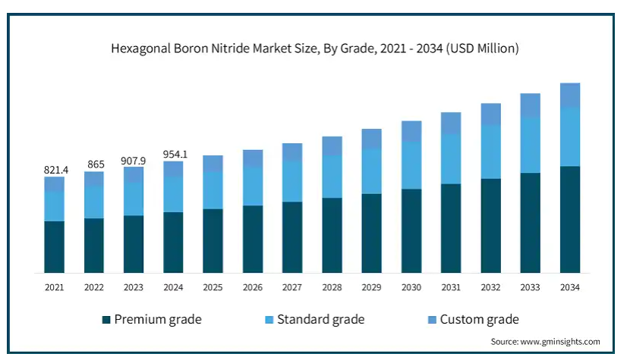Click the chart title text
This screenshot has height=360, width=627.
(x=314, y=49)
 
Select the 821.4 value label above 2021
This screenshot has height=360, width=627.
(x=55, y=171)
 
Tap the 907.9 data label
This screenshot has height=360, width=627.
(x=134, y=160)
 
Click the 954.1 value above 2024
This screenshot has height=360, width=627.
(x=174, y=155)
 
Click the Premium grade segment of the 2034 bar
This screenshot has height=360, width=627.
(x=570, y=219)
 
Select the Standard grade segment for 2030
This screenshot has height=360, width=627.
(x=411, y=165)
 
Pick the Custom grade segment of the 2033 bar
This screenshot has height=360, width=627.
(x=531, y=105)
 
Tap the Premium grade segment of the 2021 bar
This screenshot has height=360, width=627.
(x=54, y=246)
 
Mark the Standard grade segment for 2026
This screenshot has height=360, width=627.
(x=253, y=186)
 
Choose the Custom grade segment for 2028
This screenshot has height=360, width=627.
(x=332, y=146)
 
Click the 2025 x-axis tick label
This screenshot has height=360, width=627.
(x=213, y=288)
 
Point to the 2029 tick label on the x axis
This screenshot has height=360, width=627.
(x=371, y=288)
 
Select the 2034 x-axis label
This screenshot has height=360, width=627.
(x=570, y=288)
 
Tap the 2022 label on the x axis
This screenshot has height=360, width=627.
(x=93, y=288)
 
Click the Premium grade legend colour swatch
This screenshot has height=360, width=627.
(x=106, y=320)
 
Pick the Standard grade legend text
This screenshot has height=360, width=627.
(x=320, y=320)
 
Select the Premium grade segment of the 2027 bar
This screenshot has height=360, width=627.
(x=292, y=237)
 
